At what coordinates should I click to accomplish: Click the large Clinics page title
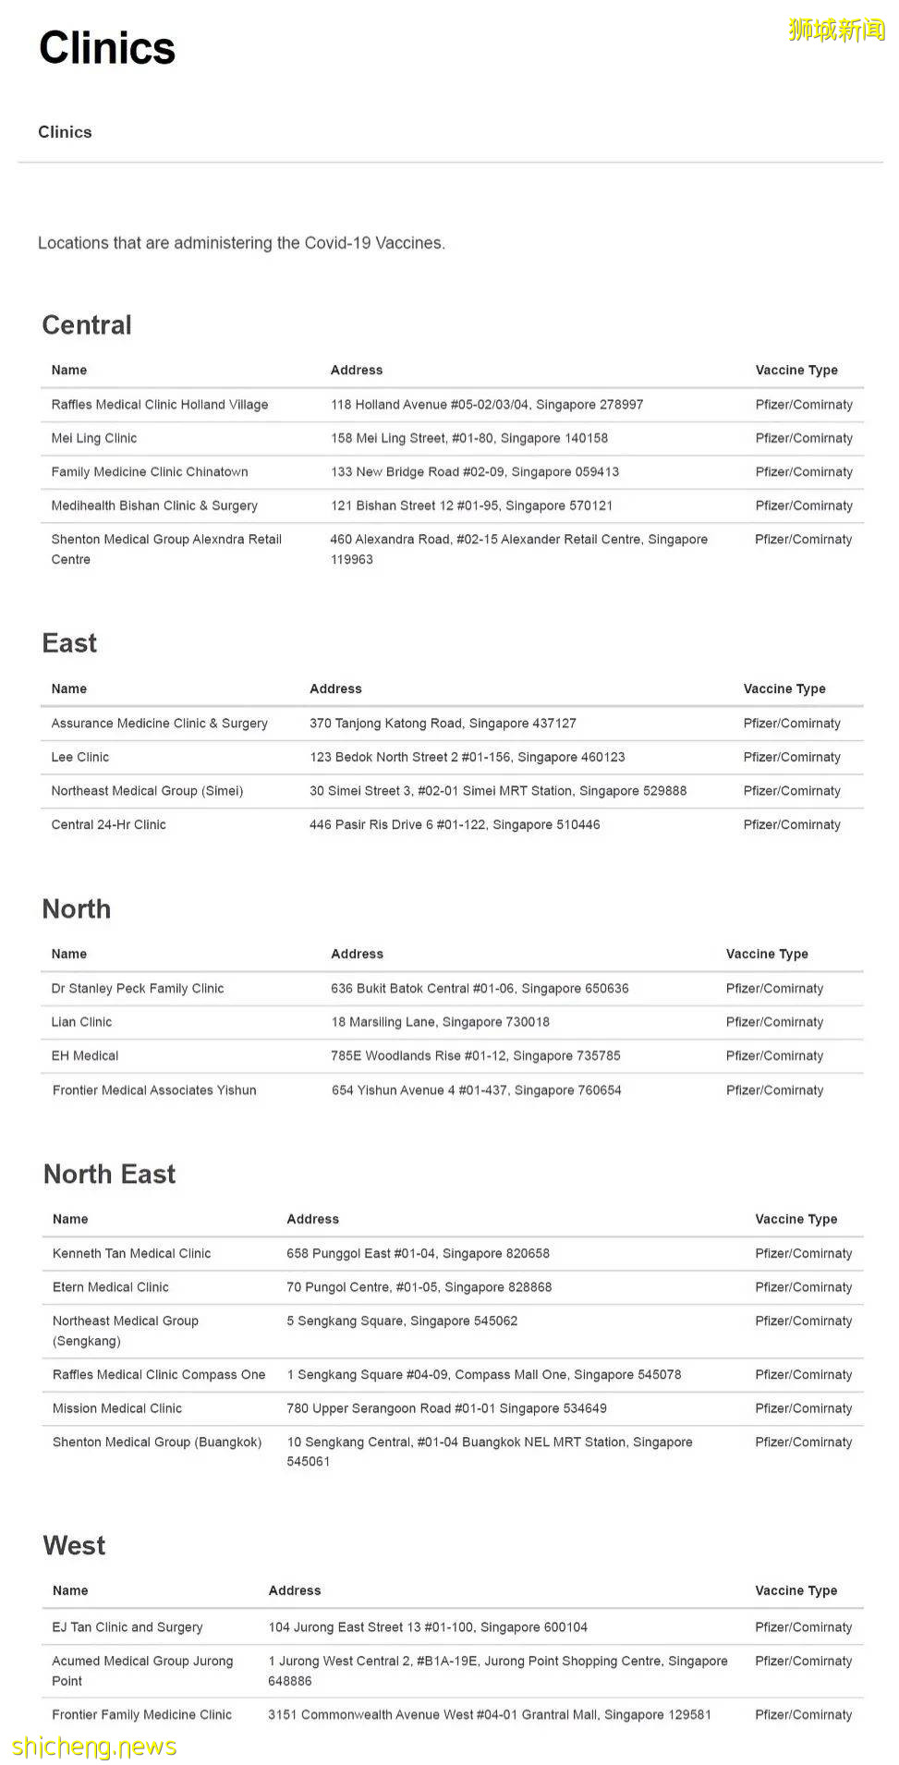pos(107,48)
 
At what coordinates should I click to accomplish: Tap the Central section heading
pos(87,325)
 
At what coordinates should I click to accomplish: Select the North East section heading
pos(109,1174)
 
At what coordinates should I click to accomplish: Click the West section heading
pos(74,1545)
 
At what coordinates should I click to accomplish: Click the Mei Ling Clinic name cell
pos(94,438)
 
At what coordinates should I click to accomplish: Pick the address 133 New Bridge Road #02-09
pos(475,472)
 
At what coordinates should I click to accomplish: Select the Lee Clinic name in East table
pos(80,757)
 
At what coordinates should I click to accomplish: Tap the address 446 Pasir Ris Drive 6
pos(455,824)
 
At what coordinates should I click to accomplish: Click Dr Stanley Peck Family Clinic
pos(138,988)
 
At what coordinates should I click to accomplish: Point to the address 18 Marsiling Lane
pos(440,1022)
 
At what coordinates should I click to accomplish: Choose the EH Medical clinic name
pos(85,1055)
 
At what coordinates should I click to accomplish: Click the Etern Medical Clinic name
pos(111,1287)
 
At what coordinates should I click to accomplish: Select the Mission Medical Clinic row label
pos(117,1408)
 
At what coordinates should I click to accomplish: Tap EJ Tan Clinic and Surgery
pos(128,1627)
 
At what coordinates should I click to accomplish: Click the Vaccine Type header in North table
pos(767,954)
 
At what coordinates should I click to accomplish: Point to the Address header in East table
pos(335,688)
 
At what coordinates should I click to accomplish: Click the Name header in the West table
pos(70,1590)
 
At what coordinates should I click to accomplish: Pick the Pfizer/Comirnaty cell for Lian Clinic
pos(774,1022)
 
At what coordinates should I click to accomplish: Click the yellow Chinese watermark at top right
pos(836,30)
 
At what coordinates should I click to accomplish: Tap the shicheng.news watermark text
pos(94,1747)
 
